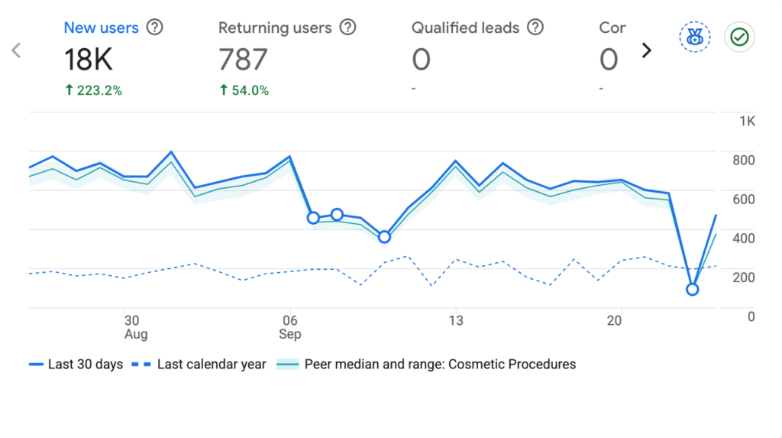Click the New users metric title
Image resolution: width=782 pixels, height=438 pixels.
click(x=102, y=28)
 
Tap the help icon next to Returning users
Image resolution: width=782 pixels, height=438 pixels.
click(x=347, y=27)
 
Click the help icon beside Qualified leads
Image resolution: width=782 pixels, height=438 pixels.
click(x=535, y=27)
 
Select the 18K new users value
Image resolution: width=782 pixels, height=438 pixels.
click(x=89, y=60)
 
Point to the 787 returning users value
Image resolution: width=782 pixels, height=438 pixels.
click(x=243, y=60)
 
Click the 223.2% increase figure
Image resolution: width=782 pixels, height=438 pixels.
click(x=94, y=90)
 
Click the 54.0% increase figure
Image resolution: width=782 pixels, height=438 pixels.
click(x=244, y=90)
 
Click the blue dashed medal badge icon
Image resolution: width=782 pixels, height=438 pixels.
click(x=695, y=37)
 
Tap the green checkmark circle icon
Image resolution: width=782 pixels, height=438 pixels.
click(x=739, y=37)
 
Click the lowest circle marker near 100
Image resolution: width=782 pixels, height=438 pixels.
click(x=692, y=289)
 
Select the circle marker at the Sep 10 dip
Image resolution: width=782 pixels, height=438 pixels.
click(x=384, y=237)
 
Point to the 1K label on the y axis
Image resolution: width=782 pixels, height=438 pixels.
click(x=747, y=122)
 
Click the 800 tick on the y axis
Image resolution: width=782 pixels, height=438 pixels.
click(x=744, y=161)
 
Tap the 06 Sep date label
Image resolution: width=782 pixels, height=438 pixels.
click(x=289, y=327)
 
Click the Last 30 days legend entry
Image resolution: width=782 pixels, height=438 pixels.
click(x=76, y=364)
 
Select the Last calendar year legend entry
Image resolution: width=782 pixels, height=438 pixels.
click(x=199, y=364)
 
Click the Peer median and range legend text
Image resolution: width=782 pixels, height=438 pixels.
click(x=440, y=364)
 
